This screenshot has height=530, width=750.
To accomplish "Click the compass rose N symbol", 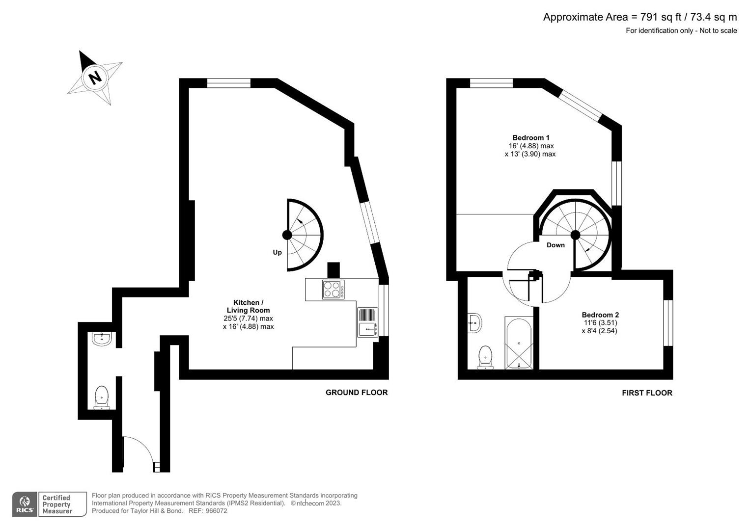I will point(95,78).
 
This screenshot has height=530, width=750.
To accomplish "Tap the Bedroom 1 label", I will point(530,138).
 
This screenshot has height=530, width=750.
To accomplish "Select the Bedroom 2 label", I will point(600,315).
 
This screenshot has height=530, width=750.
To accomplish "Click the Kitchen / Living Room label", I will point(248,306).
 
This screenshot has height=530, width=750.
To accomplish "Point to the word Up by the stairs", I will point(277,252).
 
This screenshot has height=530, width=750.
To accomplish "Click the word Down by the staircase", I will point(556,245).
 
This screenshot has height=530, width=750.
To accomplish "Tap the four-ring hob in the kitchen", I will point(333,289).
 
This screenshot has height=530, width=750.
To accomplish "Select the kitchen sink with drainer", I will point(367,322).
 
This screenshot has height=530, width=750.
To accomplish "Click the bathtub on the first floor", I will point(519,344).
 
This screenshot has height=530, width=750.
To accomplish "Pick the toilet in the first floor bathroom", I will point(485,357).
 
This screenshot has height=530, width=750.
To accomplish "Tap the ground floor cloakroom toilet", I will point(102,397).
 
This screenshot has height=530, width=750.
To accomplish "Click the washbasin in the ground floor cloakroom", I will point(103,339).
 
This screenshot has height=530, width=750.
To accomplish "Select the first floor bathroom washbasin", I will point(475,323).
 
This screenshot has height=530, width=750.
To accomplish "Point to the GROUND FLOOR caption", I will point(356,393).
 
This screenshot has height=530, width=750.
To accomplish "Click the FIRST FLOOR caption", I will point(646,393).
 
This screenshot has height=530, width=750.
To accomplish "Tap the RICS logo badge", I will point(24,504).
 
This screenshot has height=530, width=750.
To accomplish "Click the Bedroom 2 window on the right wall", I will point(667,323).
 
